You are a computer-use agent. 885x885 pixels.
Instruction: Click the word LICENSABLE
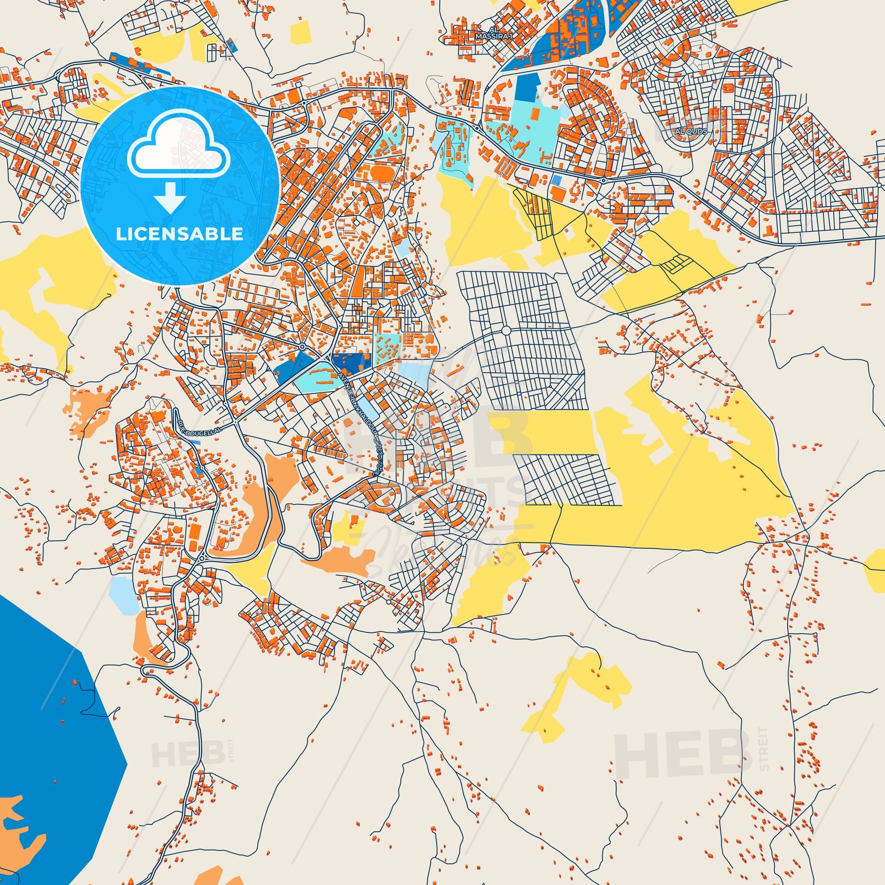(179, 234)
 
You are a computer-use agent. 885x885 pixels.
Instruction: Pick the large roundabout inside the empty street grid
(506, 330)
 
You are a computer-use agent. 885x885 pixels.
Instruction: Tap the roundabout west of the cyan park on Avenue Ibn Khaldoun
(303, 346)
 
